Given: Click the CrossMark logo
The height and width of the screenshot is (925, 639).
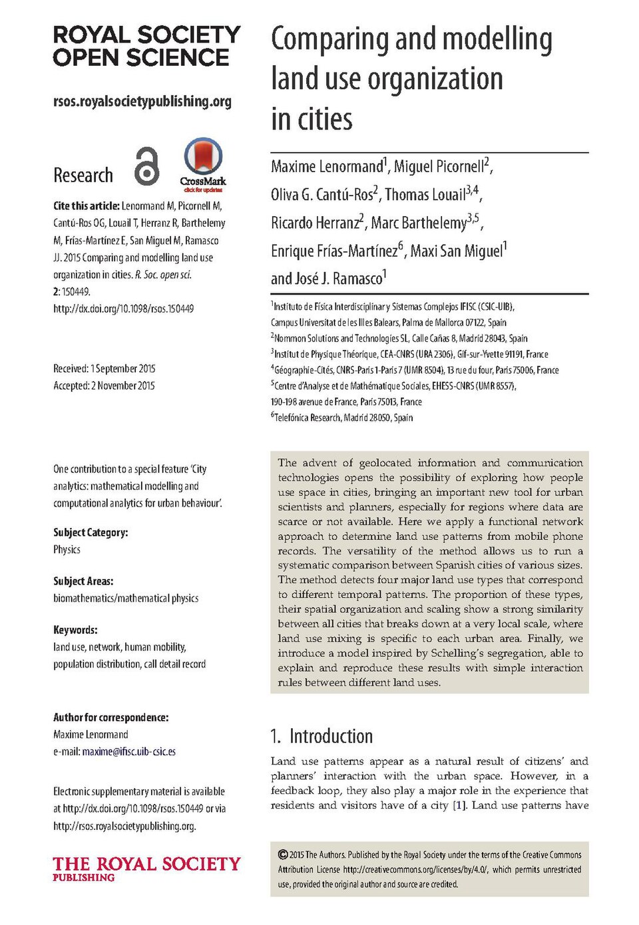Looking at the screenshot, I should (x=202, y=164).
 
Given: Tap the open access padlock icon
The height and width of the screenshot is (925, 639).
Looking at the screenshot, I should (x=147, y=166).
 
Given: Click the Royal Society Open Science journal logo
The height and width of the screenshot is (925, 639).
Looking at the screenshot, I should (x=146, y=46).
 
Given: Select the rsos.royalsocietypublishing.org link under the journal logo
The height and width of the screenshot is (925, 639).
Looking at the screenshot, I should (x=142, y=102).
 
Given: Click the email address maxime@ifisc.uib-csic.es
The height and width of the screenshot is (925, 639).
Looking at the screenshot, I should (x=128, y=751).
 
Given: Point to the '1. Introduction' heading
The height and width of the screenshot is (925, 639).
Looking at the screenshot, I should (x=321, y=736).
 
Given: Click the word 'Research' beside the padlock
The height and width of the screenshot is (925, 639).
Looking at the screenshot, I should (x=83, y=176).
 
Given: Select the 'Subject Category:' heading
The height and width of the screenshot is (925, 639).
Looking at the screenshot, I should (x=91, y=533).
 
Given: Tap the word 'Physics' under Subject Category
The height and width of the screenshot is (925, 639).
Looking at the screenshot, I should (x=67, y=550).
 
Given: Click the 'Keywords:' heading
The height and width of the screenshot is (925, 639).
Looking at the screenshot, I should (x=75, y=630).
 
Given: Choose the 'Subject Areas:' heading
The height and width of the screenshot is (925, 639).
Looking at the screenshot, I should (x=83, y=581).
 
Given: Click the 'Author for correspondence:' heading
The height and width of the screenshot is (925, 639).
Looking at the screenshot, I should (x=110, y=718).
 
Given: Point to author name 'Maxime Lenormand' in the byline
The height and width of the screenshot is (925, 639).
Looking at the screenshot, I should (x=327, y=166).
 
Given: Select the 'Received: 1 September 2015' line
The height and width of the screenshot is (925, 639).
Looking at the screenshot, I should (x=105, y=368).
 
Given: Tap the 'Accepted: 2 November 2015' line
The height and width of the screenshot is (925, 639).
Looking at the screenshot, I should (x=104, y=386).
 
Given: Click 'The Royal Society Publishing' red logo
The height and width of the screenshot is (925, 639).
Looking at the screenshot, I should (x=146, y=868).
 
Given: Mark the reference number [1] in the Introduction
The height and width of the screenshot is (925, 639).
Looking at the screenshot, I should (x=459, y=805).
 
